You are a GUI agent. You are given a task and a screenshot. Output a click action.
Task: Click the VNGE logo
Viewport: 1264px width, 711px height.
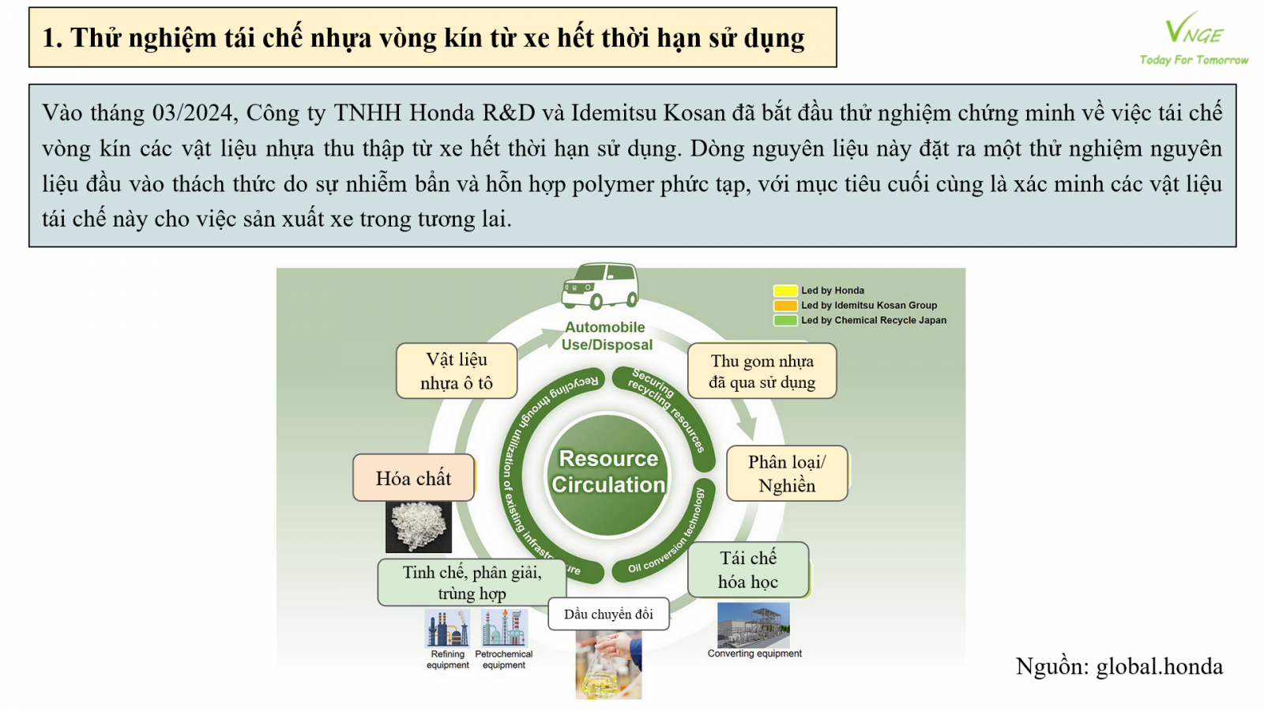[1194, 38]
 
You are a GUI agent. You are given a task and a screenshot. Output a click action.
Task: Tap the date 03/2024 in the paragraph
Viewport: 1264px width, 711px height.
[193, 113]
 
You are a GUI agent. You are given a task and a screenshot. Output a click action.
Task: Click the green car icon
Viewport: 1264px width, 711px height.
[600, 286]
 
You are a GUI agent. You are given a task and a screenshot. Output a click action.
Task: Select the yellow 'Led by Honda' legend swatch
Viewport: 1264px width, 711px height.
[785, 291]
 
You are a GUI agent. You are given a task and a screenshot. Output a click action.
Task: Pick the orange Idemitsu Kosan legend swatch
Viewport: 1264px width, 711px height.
[785, 306]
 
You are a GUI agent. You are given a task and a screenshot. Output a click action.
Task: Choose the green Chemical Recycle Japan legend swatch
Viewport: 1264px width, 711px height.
[785, 321]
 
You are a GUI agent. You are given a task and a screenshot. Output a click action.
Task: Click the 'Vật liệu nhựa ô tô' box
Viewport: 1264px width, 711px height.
[457, 371]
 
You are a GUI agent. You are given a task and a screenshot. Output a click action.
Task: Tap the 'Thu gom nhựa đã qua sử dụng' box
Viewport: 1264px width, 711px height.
[762, 371]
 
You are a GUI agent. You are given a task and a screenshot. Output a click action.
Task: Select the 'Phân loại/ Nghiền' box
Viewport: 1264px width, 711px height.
[787, 473]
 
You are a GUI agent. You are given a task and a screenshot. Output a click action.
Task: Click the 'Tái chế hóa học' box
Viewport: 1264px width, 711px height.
[748, 570]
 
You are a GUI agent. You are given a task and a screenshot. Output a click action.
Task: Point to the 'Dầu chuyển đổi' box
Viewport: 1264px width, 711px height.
[608, 614]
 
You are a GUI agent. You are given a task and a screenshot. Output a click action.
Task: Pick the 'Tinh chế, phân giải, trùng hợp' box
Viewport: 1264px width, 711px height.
[472, 582]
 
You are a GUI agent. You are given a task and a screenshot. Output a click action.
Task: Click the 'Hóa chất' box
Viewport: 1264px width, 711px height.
[414, 477]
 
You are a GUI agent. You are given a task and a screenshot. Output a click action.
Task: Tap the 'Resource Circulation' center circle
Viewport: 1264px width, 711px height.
[608, 473]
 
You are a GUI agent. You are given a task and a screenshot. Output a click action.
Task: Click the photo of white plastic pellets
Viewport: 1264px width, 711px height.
[419, 526]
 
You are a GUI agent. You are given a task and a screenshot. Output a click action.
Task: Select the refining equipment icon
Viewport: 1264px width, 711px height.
[447, 627]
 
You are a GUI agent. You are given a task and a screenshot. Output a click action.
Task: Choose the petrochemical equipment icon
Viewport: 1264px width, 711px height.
[505, 627]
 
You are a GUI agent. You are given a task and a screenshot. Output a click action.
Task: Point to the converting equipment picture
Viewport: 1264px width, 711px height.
[754, 625]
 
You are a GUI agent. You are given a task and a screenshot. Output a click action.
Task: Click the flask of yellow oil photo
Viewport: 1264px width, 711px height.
[608, 664]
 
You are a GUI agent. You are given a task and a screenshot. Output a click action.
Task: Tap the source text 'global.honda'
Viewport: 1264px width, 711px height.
[1160, 667]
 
